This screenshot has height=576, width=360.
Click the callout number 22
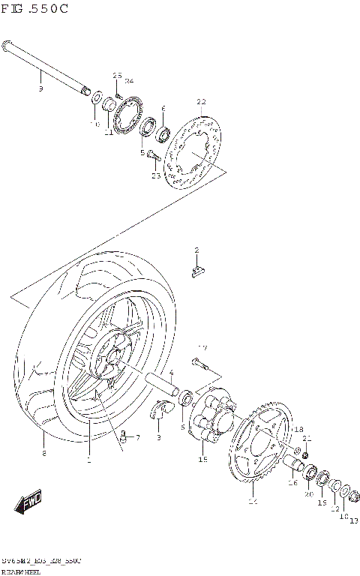(x=200, y=102)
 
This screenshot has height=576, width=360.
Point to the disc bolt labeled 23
(x=152, y=157)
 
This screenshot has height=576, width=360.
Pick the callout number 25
(x=117, y=75)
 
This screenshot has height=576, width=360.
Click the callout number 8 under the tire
(x=44, y=454)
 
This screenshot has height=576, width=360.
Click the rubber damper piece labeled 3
(x=160, y=409)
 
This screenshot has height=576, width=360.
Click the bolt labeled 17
(x=199, y=365)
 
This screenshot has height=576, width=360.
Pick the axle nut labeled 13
(x=348, y=495)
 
